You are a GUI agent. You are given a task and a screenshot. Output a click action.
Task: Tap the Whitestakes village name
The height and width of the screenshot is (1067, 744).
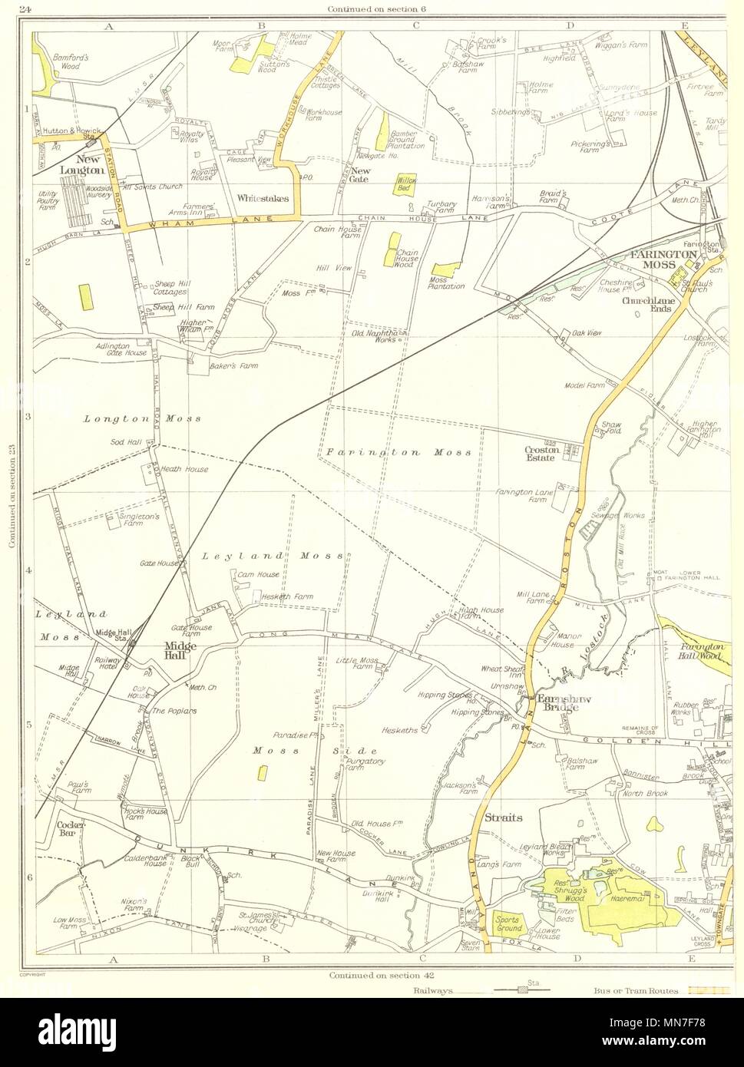tap(263, 198)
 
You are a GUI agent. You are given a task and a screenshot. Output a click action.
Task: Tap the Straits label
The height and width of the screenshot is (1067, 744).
tap(504, 818)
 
